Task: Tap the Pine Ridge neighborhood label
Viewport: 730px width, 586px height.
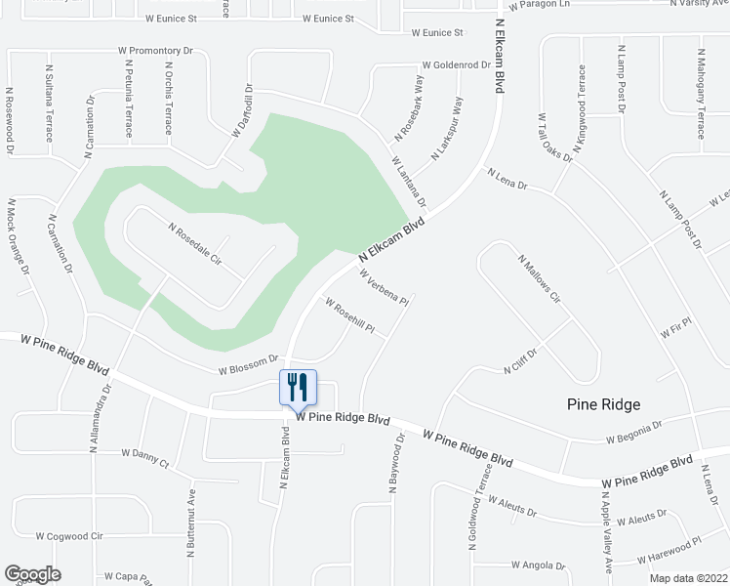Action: coord(604,403)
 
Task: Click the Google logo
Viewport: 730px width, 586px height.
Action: coord(32,574)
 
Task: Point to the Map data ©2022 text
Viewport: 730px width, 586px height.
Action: coord(688,578)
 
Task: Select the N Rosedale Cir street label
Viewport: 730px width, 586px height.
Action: coord(195,245)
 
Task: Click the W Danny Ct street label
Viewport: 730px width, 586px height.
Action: coord(145,453)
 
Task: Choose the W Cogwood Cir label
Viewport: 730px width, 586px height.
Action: coord(69,536)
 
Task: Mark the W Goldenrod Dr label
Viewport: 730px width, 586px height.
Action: coord(455,64)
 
